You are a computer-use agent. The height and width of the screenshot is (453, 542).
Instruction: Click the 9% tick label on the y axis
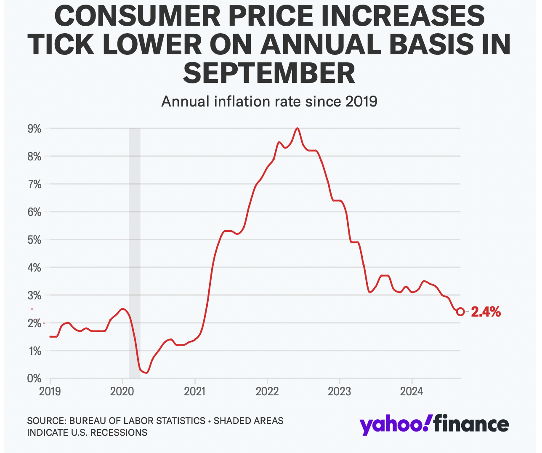[x=35, y=129]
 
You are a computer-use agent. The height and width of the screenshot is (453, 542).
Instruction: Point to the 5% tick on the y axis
[x=35, y=240]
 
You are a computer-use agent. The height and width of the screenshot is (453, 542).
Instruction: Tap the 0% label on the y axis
[x=35, y=378]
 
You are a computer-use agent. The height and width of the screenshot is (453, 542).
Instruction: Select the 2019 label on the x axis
[x=50, y=392]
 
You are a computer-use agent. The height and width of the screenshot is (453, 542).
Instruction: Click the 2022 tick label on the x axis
[x=267, y=392]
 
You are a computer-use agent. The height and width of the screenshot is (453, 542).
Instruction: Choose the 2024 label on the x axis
[x=412, y=392]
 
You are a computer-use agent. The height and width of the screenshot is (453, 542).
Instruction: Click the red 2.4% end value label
[x=486, y=312]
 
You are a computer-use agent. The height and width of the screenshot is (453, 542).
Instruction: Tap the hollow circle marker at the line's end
[x=460, y=312]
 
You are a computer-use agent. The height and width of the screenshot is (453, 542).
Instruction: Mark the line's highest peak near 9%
[x=298, y=128]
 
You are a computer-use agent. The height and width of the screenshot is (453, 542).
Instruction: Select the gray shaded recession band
[x=134, y=253]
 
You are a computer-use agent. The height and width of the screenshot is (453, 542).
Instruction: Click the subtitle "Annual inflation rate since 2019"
[x=269, y=101]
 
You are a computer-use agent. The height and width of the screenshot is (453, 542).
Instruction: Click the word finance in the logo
[x=471, y=424]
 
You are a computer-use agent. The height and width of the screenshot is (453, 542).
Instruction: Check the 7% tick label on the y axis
[x=35, y=184]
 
